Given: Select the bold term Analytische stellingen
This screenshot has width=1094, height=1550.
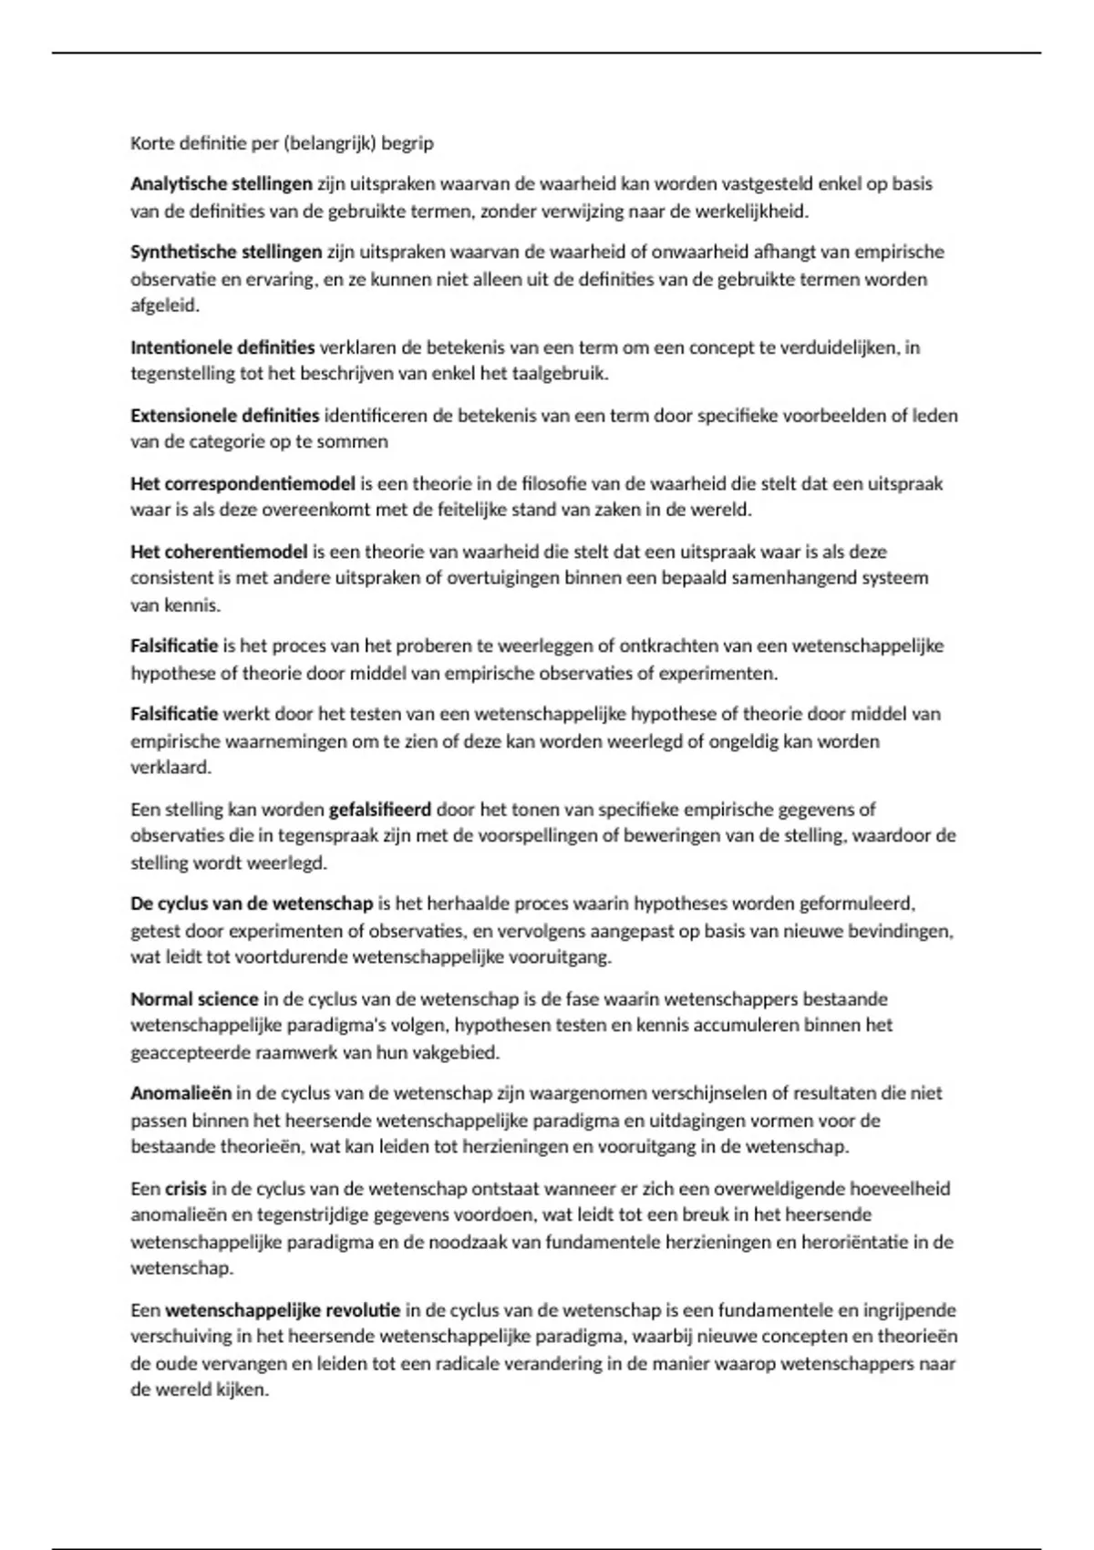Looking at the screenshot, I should tap(222, 184).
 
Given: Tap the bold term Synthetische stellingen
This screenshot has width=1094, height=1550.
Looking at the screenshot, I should tap(226, 253).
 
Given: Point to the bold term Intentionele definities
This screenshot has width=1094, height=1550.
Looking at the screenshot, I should tap(222, 347).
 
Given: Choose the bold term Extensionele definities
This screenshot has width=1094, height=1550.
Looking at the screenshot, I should tap(225, 416).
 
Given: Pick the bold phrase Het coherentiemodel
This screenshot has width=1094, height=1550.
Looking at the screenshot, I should tap(219, 552).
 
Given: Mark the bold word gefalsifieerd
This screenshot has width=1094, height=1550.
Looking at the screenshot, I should tap(380, 810).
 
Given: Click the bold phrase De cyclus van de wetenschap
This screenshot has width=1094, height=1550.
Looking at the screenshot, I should tap(252, 904).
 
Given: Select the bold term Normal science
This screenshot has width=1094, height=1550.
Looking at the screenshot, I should tap(194, 999).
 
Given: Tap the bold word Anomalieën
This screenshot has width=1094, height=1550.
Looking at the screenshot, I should tap(181, 1093).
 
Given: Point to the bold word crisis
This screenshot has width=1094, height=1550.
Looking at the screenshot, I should tap(186, 1189).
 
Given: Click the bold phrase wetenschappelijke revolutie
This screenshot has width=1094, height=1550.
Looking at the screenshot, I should tap(283, 1310).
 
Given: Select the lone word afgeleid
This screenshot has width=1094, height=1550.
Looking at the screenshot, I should tap(164, 305).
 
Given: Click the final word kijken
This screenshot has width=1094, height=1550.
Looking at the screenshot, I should tap(243, 1390).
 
